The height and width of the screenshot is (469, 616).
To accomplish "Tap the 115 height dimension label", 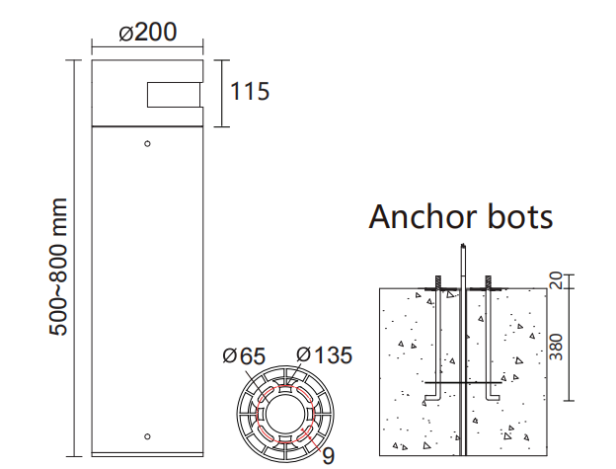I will coord(249,92).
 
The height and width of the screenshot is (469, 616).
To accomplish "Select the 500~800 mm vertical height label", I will coord(59,266).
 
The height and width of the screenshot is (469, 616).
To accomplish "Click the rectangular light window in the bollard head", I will coord(176,95).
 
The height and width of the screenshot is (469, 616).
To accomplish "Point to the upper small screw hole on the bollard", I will coord(147,144).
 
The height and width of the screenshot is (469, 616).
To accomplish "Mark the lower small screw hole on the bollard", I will coord(147,436).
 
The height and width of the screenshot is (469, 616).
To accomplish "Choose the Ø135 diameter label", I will coord(323,355).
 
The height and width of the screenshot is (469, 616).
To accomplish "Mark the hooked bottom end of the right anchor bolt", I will coord(493,398).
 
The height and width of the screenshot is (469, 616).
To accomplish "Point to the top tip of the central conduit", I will coord(462,245).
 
